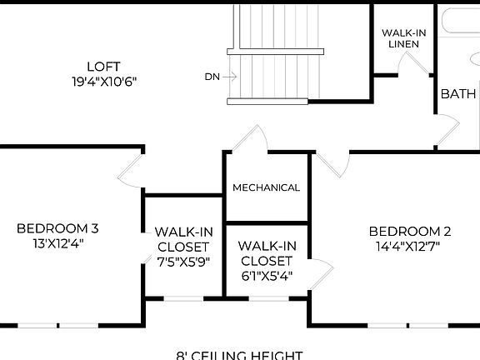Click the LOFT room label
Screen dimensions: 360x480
[x=103, y=67]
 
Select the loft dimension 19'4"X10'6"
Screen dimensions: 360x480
[x=103, y=82]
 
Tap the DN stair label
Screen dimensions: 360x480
[x=212, y=77]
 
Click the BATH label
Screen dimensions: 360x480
[x=457, y=93]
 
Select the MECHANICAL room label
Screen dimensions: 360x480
[x=266, y=187]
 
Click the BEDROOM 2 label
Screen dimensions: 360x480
[x=410, y=231]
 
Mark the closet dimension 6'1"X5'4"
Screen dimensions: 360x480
[x=266, y=276]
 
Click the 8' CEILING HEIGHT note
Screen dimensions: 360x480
[x=239, y=355]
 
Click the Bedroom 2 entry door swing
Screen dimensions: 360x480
[x=328, y=164]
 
